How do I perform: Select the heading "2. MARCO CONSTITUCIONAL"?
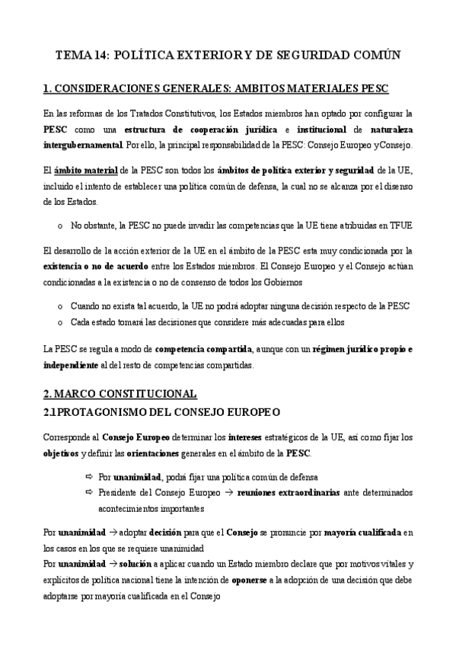(x=120, y=394)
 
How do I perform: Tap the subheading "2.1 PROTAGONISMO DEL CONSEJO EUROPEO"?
(x=162, y=411)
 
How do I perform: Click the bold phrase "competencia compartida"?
(x=203, y=350)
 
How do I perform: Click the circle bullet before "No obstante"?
(x=60, y=226)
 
